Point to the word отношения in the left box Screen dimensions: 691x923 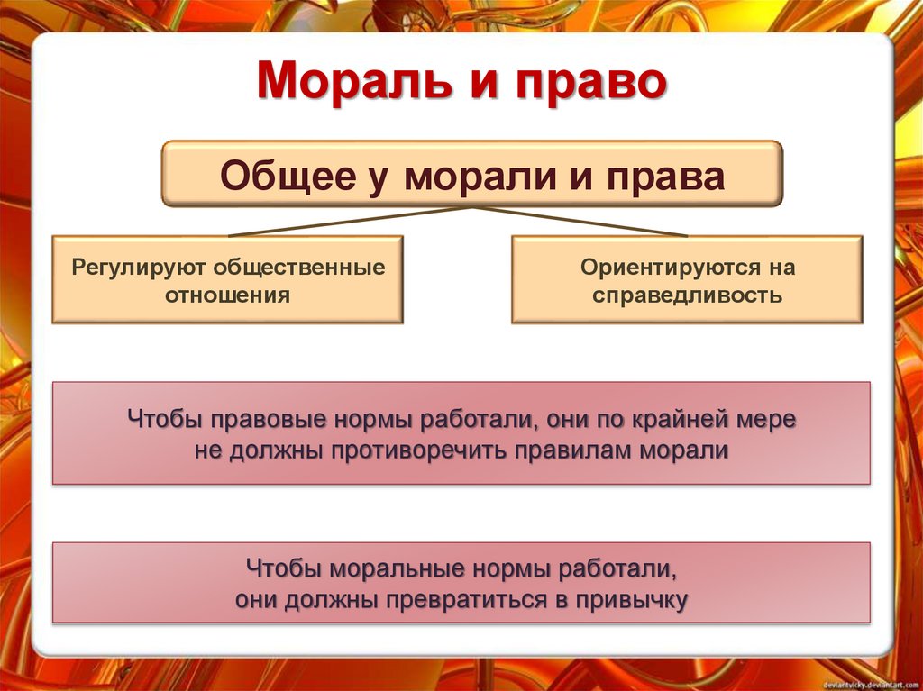pyautogui.click(x=227, y=295)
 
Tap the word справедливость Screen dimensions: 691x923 pyautogui.click(x=687, y=295)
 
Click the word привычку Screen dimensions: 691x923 pyautogui.click(x=632, y=599)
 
